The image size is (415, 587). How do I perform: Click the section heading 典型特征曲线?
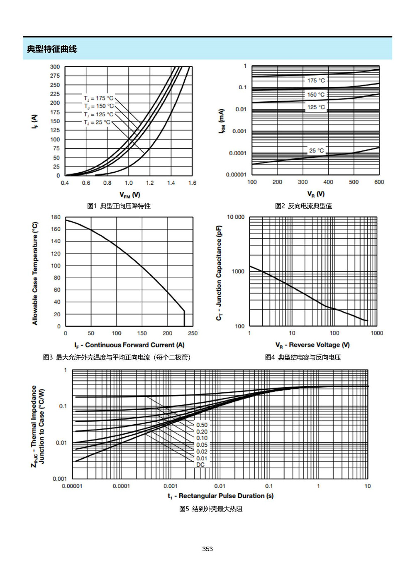tap(52, 49)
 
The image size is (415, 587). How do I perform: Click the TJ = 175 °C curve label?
tap(99, 98)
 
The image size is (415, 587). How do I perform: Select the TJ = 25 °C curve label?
tap(97, 122)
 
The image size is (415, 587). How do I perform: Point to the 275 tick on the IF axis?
tap(55, 76)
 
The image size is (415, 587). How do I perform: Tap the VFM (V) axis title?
tap(129, 195)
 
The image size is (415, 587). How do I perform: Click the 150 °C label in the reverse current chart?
tap(316, 95)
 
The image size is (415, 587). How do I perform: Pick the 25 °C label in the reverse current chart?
tap(317, 151)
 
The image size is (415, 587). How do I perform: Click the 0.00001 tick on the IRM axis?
tap(236, 175)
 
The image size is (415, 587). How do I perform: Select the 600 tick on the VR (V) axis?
tap(379, 182)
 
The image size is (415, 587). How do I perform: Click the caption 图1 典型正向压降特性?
tap(119, 206)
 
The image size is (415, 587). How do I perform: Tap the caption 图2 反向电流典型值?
tap(303, 206)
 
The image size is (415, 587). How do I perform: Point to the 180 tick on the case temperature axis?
tap(56, 217)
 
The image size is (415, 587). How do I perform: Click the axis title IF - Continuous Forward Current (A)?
tap(129, 345)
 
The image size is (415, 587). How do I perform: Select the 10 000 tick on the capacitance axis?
tap(236, 217)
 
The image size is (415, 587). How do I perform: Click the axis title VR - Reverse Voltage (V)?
tap(312, 345)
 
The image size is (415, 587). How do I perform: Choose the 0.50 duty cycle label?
tap(202, 425)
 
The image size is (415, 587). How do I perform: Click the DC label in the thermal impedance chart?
tap(200, 465)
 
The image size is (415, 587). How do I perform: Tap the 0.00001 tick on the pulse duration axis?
tap(72, 487)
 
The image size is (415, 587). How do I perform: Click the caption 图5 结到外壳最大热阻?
tap(211, 509)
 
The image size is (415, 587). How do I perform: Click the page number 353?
tap(207, 549)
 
